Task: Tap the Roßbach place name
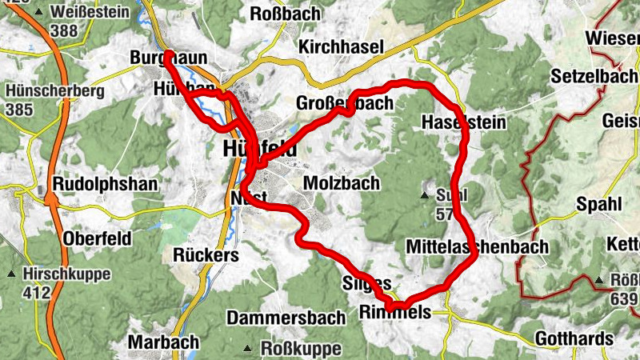(285, 14)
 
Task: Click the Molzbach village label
(342, 183)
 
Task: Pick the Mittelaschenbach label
(477, 246)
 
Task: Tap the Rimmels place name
(395, 312)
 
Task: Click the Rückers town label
(206, 254)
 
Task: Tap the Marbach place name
(163, 342)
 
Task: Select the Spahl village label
(598, 204)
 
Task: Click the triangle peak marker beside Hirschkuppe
(11, 274)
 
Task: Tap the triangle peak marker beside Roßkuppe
(249, 349)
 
